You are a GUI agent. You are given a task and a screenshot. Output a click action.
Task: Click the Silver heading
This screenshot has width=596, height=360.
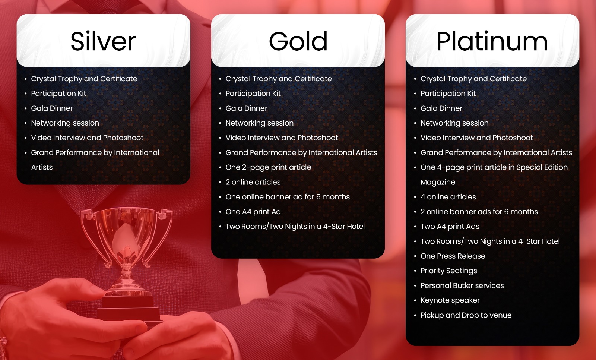click(x=103, y=41)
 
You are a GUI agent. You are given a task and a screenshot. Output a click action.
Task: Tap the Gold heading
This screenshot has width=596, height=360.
click(x=298, y=41)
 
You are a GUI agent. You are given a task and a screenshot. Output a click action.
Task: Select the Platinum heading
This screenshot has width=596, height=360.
click(x=492, y=41)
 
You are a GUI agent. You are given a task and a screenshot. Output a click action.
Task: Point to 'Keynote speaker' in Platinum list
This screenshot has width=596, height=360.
click(x=450, y=300)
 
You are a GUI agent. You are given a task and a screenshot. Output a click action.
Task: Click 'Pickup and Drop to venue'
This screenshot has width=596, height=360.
click(x=466, y=315)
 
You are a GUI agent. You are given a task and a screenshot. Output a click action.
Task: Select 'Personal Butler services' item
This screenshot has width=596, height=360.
click(x=462, y=285)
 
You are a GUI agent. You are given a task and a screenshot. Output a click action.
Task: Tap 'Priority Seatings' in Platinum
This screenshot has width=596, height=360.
click(x=448, y=271)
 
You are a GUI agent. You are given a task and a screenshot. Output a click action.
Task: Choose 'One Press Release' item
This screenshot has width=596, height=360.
click(x=453, y=256)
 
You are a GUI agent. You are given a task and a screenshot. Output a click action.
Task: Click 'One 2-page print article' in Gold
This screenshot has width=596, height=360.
click(x=268, y=167)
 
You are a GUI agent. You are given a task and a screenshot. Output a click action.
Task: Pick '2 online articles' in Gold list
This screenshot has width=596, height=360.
click(x=253, y=182)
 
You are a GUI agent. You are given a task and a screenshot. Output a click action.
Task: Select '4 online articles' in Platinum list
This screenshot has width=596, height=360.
click(x=448, y=197)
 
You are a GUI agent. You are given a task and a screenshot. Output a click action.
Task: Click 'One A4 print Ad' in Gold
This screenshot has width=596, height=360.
click(x=253, y=212)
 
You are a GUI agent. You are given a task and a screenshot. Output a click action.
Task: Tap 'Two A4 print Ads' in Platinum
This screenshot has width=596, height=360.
click(x=450, y=226)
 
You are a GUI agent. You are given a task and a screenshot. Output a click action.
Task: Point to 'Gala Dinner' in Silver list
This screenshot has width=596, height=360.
click(x=52, y=108)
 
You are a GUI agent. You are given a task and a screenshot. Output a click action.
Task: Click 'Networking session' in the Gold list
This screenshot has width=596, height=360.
click(x=259, y=123)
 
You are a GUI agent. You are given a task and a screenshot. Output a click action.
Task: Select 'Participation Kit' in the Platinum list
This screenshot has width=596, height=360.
click(x=448, y=94)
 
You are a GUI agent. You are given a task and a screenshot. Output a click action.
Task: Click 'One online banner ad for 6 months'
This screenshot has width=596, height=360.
click(x=288, y=197)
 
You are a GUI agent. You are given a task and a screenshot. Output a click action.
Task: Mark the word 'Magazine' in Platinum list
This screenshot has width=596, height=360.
click(x=438, y=182)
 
